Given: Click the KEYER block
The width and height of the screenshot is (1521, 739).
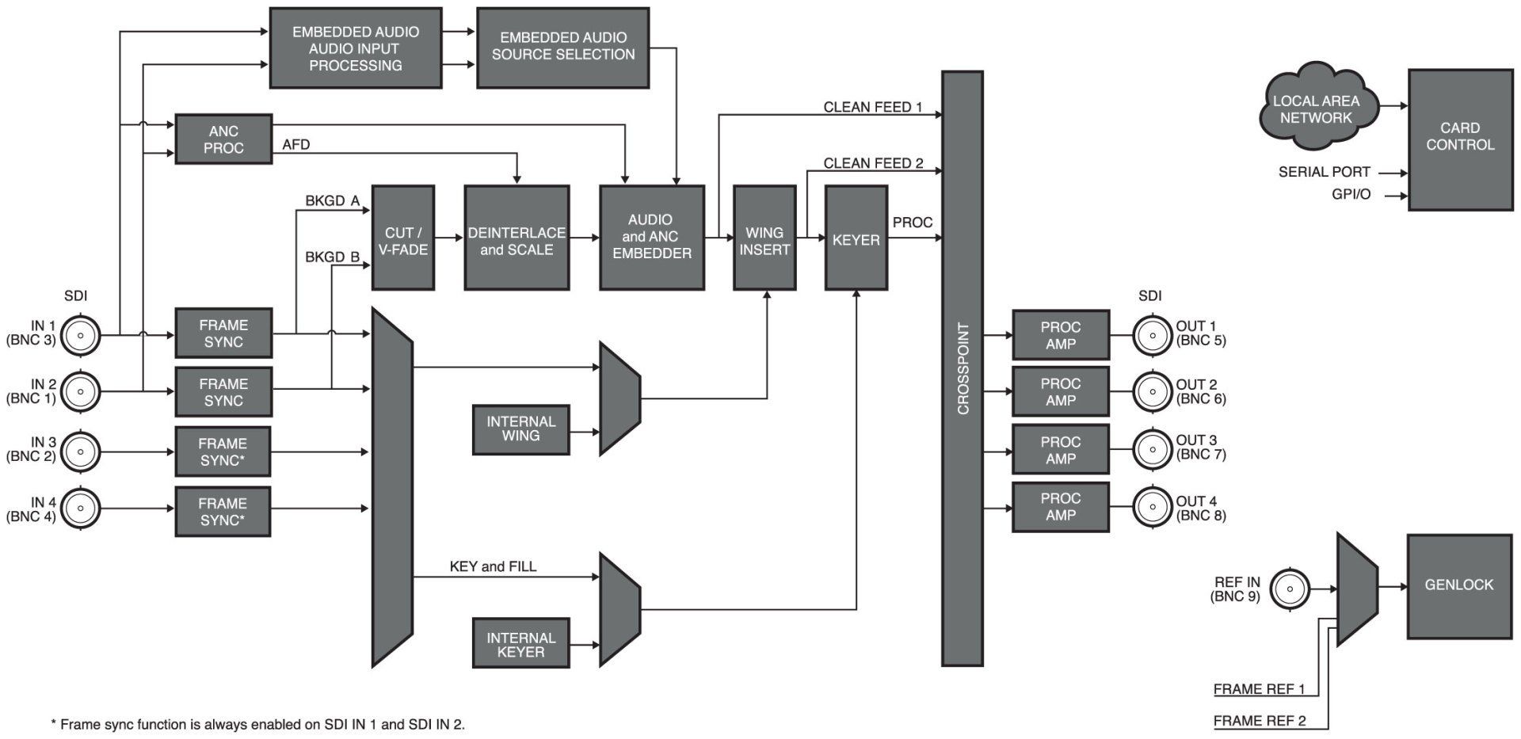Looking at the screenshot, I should click(x=856, y=238).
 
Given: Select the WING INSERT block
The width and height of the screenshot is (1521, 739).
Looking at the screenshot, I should click(x=764, y=238).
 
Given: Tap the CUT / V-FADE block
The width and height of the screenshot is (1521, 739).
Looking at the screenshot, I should click(x=403, y=238).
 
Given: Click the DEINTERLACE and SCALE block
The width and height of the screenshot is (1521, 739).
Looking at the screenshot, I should click(x=517, y=238).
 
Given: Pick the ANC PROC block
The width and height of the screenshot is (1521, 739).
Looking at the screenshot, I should click(x=223, y=139).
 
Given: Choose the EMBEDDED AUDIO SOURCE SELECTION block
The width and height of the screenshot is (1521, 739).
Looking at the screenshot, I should click(x=562, y=48).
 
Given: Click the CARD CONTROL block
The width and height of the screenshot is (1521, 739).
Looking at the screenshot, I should click(x=1459, y=139).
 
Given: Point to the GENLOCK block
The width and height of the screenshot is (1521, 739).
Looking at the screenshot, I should click(x=1458, y=585).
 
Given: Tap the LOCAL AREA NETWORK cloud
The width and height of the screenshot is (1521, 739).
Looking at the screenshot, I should click(x=1316, y=109).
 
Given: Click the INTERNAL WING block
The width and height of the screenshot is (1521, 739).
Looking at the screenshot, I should click(x=520, y=429).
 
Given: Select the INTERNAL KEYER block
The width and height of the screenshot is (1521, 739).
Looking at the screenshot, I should click(x=520, y=644).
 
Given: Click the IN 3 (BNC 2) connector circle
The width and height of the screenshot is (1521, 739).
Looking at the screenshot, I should click(x=81, y=452).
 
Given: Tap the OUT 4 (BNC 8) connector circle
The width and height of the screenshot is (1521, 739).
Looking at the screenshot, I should click(x=1152, y=506).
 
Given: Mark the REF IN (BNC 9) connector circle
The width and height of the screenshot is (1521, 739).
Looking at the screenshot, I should click(x=1290, y=589).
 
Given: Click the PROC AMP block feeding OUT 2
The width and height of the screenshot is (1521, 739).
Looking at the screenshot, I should click(x=1060, y=392).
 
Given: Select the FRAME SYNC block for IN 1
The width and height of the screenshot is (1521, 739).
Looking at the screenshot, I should click(x=223, y=333).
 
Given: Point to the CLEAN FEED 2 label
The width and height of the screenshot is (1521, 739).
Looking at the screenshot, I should click(x=873, y=164).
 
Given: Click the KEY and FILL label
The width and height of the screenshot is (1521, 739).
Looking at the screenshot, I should click(x=493, y=566).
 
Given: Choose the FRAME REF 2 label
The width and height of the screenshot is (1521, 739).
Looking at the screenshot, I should click(x=1259, y=721).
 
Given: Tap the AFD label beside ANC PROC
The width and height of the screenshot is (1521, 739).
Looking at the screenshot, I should click(x=295, y=145).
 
